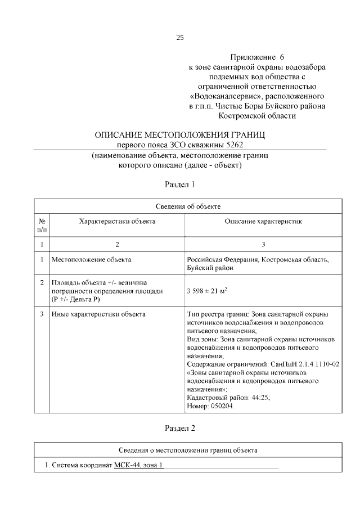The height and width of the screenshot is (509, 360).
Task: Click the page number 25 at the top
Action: point(180,38)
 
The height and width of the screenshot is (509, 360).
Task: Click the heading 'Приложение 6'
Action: point(257,57)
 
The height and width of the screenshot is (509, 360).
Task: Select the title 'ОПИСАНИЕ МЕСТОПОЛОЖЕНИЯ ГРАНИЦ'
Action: point(180,135)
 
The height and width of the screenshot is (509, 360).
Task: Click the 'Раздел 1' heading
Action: point(180,184)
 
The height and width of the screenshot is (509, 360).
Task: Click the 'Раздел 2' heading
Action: point(180,428)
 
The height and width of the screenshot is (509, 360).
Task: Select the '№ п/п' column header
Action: point(42,226)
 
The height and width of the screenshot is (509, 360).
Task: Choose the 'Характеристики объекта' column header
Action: point(117,222)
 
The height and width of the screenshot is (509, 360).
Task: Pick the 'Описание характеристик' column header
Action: point(263,222)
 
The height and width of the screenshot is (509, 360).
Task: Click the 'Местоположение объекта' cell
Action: point(91,259)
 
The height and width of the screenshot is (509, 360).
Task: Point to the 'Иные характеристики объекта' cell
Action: point(98,314)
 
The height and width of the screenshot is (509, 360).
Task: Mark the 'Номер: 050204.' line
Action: point(210,406)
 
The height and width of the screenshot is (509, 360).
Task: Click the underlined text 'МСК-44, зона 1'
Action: point(138,465)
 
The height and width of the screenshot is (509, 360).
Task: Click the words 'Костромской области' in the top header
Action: point(257,115)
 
